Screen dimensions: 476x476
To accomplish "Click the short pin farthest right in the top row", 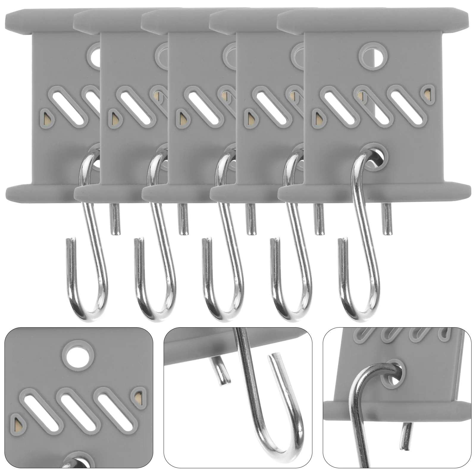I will (x=387, y=219).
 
